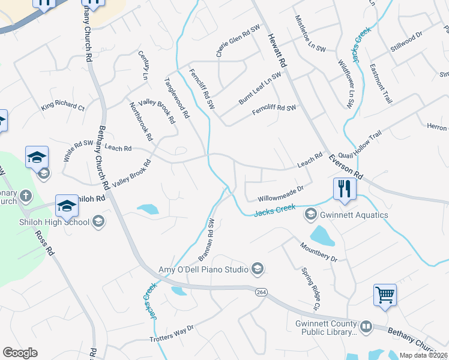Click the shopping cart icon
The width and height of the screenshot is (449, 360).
coord(385,295)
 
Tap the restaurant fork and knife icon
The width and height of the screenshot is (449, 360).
coord(345,189)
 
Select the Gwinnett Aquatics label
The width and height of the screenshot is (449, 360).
coord(354,215)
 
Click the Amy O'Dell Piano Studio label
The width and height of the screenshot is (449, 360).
coord(203,269)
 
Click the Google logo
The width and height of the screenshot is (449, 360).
coord(20,353)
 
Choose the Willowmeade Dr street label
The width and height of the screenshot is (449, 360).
coord(281,193)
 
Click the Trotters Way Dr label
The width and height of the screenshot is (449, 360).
coord(172,334)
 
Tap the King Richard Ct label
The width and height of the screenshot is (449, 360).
coord(62,107)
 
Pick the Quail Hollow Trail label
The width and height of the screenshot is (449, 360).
coord(360,145)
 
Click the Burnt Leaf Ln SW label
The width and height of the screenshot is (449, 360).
coord(259,89)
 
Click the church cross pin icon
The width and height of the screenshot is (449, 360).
coord(25,196)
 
